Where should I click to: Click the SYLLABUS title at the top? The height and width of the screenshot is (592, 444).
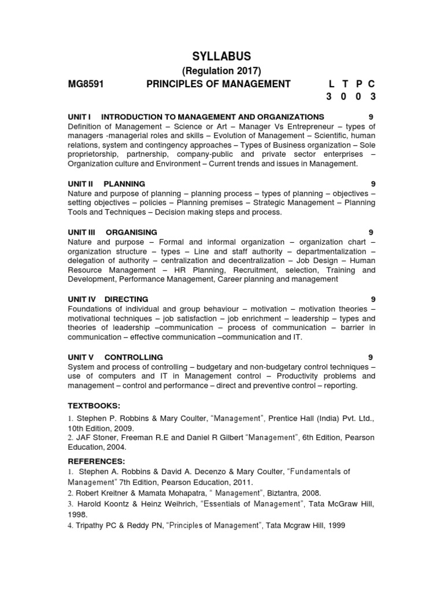[222, 56]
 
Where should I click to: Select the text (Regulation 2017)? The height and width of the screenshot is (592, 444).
[222, 71]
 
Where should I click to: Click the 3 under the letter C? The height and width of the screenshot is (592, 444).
[373, 97]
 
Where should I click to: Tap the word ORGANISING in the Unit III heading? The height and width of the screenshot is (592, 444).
[131, 232]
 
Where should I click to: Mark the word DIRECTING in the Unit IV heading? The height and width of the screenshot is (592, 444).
[126, 299]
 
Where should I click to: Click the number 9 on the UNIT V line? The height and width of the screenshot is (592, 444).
[373, 357]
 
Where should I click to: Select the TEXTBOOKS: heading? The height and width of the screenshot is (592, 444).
[94, 406]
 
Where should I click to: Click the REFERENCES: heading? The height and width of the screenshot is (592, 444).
[96, 461]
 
